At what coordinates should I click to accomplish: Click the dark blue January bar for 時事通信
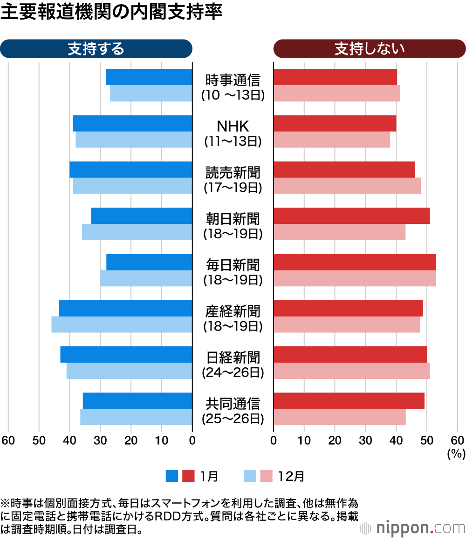point(149,77)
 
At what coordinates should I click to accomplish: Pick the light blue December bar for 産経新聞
point(122,324)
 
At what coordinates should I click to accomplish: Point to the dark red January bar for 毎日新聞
point(355,262)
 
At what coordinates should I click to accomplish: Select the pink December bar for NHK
point(332,140)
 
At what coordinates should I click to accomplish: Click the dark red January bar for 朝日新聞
point(351,216)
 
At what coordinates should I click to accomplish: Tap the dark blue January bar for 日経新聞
point(126,354)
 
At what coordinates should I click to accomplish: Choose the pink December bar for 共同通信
point(339,417)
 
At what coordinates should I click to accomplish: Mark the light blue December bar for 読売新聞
point(132,186)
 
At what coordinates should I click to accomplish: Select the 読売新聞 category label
point(233,173)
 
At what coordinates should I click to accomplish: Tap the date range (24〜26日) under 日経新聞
point(233,372)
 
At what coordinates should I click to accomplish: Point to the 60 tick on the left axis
point(8,440)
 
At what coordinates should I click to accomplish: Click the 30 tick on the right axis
point(365,440)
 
